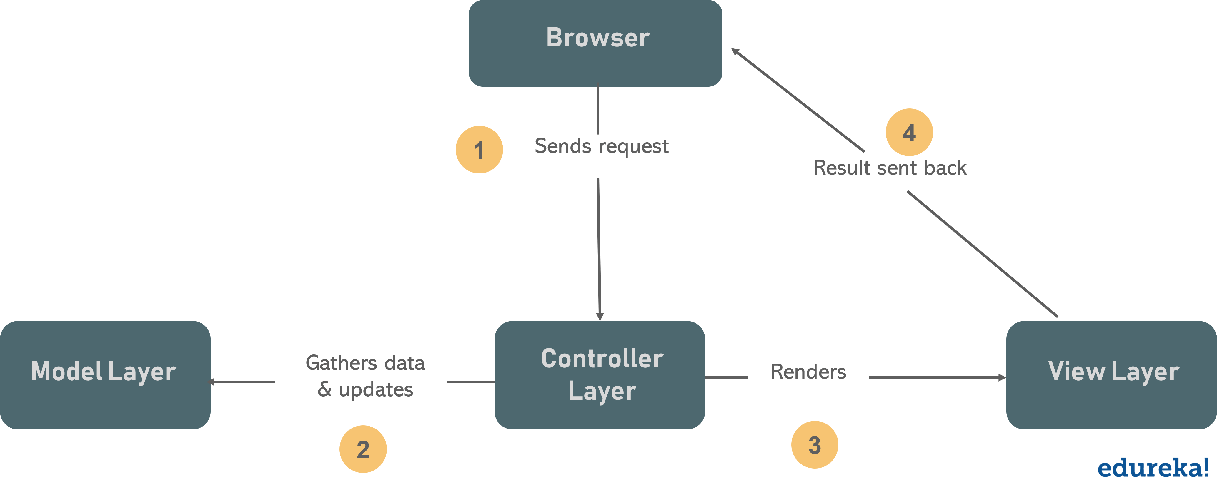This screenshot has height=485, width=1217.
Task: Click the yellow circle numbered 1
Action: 479,150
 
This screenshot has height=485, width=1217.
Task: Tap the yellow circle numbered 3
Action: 815,445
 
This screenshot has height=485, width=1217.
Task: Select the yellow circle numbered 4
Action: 909,132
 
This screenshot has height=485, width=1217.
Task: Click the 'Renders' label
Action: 808,372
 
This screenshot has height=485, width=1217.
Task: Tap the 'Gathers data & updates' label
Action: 365,376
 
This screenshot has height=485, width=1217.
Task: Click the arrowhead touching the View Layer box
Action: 1002,377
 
